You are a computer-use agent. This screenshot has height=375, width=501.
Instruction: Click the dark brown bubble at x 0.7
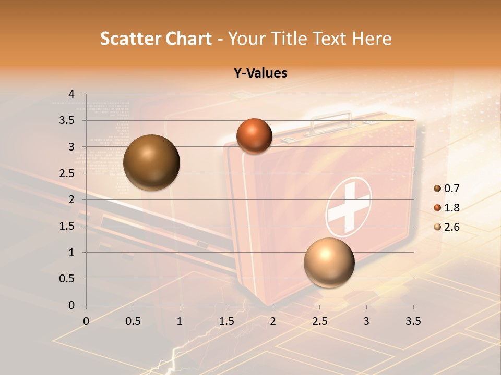pos(152,162)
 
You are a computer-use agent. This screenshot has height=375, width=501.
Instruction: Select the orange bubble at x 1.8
pos(254,136)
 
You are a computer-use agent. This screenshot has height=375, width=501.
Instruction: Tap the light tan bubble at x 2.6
pos(329,262)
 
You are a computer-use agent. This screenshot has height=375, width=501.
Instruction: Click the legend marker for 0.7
pos(437,189)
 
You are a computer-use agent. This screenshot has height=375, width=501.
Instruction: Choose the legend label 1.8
pos(451,208)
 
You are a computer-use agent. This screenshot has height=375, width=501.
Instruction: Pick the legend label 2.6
pos(451,227)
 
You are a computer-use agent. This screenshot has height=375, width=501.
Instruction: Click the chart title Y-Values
pos(260,73)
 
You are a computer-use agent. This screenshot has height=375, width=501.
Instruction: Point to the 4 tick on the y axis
pos(72,94)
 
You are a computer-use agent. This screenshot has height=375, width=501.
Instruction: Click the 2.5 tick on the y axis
pos(67,173)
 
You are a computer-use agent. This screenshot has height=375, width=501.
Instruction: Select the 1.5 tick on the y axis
pos(67,226)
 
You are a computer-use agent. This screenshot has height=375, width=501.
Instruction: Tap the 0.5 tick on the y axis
pos(67,279)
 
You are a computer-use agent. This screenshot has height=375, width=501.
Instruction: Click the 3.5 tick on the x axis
pos(413,321)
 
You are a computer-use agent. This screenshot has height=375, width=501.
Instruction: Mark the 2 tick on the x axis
pos(273,321)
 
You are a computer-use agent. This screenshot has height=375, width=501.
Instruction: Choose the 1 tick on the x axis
pos(180,321)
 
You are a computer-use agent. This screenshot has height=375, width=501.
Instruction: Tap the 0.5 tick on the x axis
pos(133,321)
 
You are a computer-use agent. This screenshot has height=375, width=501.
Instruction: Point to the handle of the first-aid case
pos(332,119)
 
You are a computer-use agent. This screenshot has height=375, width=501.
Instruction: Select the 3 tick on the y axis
pos(72,147)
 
